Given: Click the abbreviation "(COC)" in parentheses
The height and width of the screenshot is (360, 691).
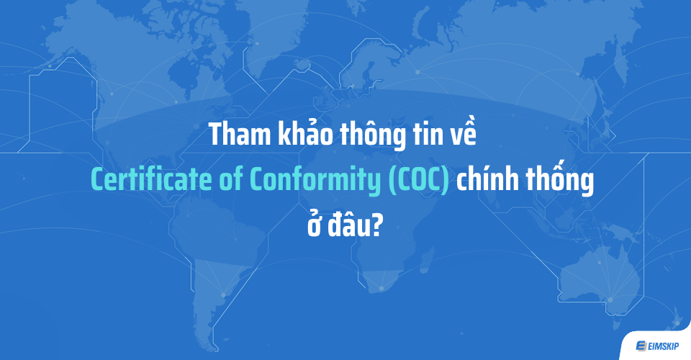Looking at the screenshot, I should [x=419, y=182].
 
